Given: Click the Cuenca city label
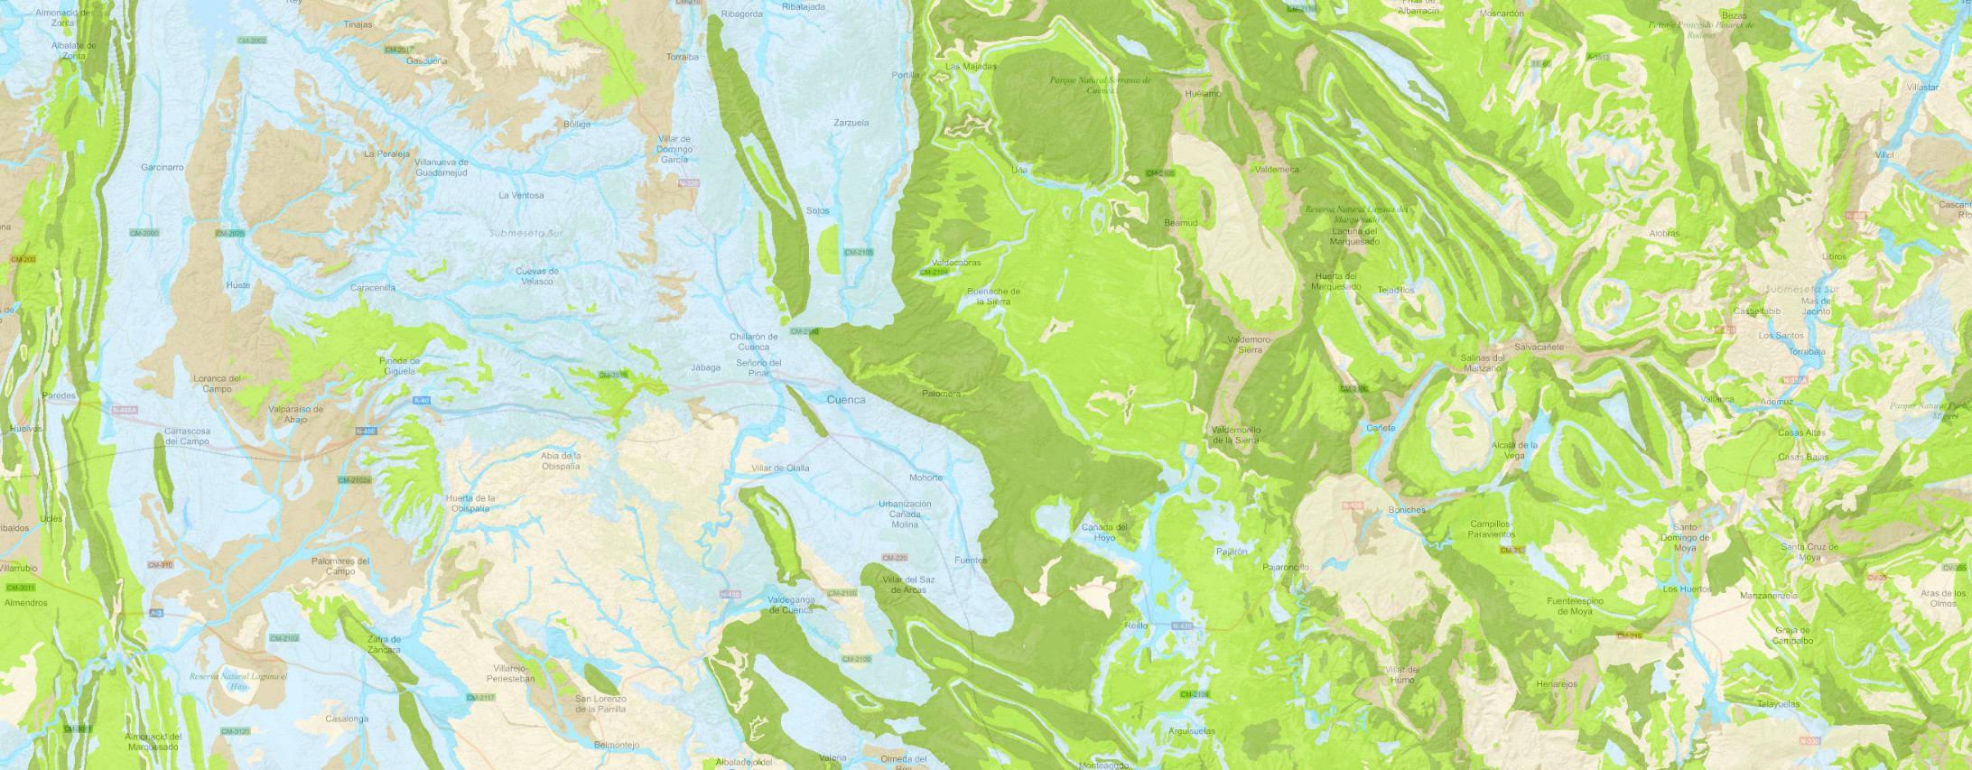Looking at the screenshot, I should pyautogui.click(x=845, y=399).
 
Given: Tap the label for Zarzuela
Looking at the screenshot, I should pyautogui.click(x=851, y=123).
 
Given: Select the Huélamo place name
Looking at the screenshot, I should pyautogui.click(x=1203, y=94).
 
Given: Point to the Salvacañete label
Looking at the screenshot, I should pyautogui.click(x=1539, y=348).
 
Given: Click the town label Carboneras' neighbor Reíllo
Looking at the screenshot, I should pyautogui.click(x=1136, y=626).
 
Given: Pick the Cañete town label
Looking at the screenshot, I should pyautogui.click(x=1381, y=428).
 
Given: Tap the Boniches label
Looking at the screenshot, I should pyautogui.click(x=1407, y=510).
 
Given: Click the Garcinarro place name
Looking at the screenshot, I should pyautogui.click(x=163, y=167).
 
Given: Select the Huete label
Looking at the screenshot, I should pyautogui.click(x=238, y=285).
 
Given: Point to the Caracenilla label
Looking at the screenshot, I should pyautogui.click(x=373, y=288).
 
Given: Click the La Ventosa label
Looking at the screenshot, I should pyautogui.click(x=521, y=195).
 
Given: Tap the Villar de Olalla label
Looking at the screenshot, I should pyautogui.click(x=780, y=468).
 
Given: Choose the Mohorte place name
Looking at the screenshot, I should pyautogui.click(x=926, y=478).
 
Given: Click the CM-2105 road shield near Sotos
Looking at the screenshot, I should pyautogui.click(x=858, y=253).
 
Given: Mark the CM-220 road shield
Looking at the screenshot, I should pyautogui.click(x=894, y=558).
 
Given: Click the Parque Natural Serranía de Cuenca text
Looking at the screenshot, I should pyautogui.click(x=1100, y=85).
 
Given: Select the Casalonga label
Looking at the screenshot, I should pyautogui.click(x=347, y=719).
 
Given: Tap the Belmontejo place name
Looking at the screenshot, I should pyautogui.click(x=617, y=745).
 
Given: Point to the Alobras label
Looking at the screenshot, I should pyautogui.click(x=1664, y=233).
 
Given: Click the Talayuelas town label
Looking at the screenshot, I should pyautogui.click(x=1778, y=704).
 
